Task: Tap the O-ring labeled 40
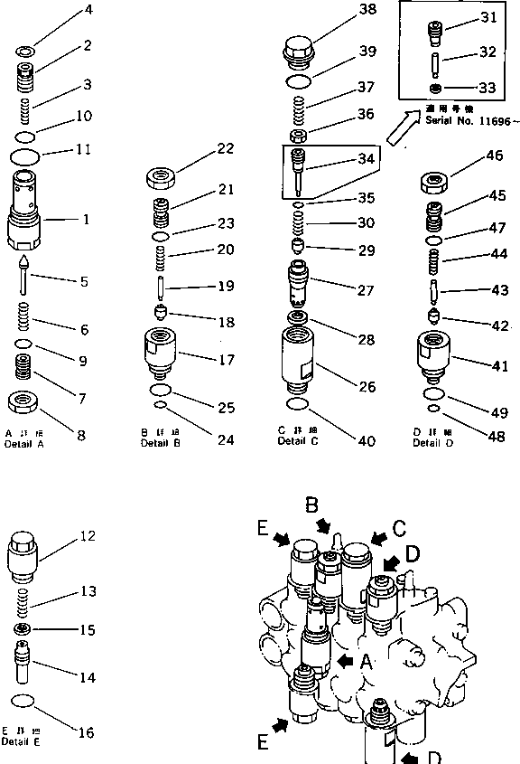tap(298, 404)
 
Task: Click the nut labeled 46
tap(435, 184)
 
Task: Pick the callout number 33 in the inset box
tap(487, 89)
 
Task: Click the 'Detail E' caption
tap(20, 741)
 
